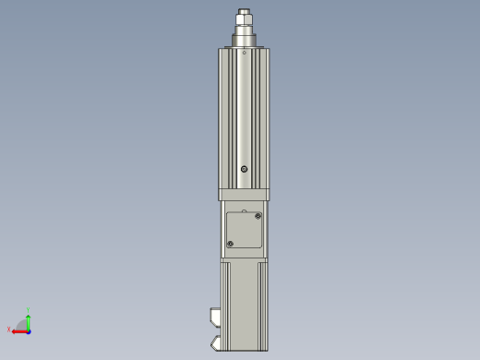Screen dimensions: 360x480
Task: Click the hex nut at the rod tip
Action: pyautogui.click(x=244, y=13)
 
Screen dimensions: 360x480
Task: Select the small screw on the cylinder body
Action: pyautogui.click(x=244, y=169)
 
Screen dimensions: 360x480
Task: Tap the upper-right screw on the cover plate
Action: pyautogui.click(x=258, y=216)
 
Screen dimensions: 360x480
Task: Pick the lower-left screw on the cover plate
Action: pyautogui.click(x=230, y=244)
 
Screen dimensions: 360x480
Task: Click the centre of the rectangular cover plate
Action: pyautogui.click(x=244, y=230)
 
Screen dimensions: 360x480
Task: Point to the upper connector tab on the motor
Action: pyautogui.click(x=215, y=317)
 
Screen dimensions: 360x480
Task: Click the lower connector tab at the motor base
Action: pyautogui.click(x=216, y=343)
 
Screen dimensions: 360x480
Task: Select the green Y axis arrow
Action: pyautogui.click(x=28, y=318)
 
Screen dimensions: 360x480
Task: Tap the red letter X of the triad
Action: pyautogui.click(x=9, y=329)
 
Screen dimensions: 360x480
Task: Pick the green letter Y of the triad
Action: pyautogui.click(x=28, y=310)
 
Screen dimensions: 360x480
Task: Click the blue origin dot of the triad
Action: pyautogui.click(x=28, y=330)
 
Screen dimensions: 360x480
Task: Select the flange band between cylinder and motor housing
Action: pyautogui.click(x=244, y=194)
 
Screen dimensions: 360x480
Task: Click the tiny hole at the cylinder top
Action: pyautogui.click(x=244, y=53)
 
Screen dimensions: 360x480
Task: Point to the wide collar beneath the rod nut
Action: pyautogui.click(x=244, y=40)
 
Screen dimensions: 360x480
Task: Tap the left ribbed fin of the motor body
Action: pyautogui.click(x=225, y=305)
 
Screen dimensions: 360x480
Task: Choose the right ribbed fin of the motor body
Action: pyautogui.click(x=263, y=305)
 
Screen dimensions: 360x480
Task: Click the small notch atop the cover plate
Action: pyautogui.click(x=244, y=211)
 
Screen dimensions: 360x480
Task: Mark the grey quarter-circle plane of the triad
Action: pyautogui.click(x=22, y=325)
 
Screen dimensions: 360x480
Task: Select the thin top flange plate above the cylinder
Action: pyautogui.click(x=244, y=47)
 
